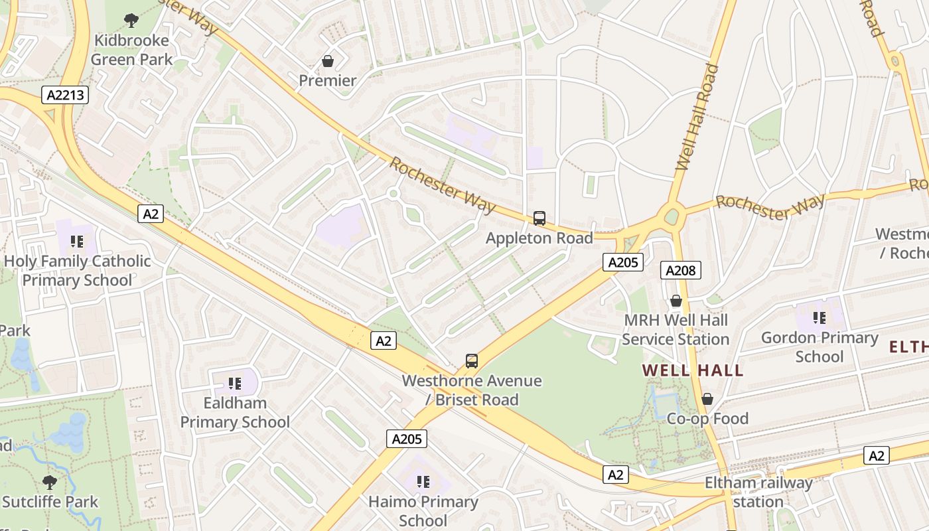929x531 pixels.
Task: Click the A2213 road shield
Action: [66, 95]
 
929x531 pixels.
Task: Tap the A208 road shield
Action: [680, 270]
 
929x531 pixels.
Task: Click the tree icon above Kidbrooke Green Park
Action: [131, 21]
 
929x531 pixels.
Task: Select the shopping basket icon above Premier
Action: [327, 61]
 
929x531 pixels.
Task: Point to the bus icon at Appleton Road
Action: [539, 218]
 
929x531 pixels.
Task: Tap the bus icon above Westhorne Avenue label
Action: [472, 361]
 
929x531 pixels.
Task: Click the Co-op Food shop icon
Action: [707, 399]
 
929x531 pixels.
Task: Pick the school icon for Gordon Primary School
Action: [820, 318]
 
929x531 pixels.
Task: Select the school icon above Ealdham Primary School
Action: [234, 383]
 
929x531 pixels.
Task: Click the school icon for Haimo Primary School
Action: [423, 481]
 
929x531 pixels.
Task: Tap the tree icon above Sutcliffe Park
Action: [50, 482]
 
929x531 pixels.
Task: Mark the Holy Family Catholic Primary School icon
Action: [77, 241]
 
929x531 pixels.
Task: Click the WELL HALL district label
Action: [693, 370]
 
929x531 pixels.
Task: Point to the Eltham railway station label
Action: [758, 492]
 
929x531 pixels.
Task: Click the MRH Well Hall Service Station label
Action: [676, 330]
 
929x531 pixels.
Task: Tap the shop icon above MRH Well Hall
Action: [676, 301]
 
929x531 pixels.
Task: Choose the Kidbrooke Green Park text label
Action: [131, 50]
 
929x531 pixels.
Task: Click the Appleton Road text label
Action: [539, 238]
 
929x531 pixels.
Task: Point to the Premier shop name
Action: [327, 81]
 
